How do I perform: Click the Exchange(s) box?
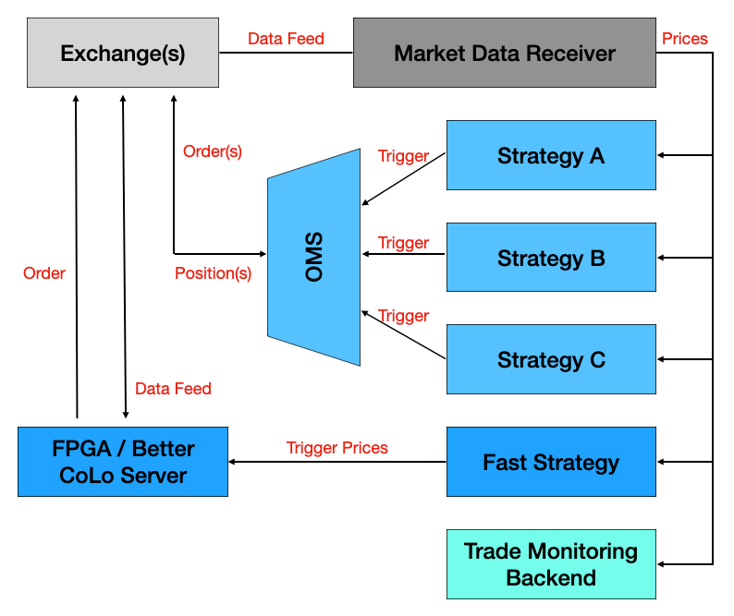[123, 54]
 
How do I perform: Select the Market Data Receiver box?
[504, 54]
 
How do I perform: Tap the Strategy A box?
[551, 155]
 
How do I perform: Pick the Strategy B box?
[551, 258]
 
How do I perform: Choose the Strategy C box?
[551, 359]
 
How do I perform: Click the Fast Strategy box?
[551, 462]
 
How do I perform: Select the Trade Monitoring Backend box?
[551, 564]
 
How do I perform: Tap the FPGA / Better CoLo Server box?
[123, 462]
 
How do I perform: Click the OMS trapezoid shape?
[314, 258]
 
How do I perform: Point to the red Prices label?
[685, 39]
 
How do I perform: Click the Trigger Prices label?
[336, 448]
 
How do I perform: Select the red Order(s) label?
[213, 151]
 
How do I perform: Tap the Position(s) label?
[213, 273]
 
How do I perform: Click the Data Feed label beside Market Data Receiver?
[286, 39]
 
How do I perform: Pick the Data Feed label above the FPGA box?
[173, 389]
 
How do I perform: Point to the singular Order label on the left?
[44, 273]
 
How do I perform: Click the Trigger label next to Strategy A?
[403, 156]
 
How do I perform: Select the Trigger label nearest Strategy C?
[403, 316]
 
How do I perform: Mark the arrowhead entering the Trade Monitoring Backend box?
[662, 564]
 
